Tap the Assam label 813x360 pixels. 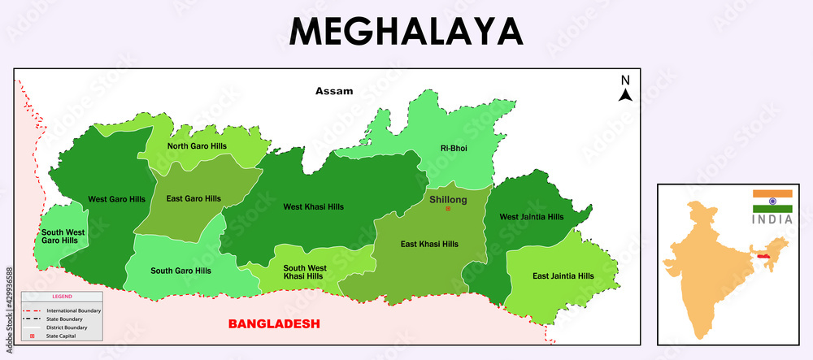pos(334,91)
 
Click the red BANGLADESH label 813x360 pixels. pos(274,323)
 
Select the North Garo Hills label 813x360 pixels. pos(197,146)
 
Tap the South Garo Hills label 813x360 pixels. pos(180,271)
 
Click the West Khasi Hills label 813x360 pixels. pos(313,206)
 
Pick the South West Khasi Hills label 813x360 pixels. pos(305,272)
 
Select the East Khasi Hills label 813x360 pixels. pos(429,244)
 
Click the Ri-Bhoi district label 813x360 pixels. pos(454,148)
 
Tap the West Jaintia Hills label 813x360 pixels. pos(531,217)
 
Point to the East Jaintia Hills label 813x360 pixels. pos(563,276)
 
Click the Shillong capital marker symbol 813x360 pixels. pos(447,209)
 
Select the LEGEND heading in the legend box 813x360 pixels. pos(62,297)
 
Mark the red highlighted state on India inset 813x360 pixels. pos(763,255)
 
